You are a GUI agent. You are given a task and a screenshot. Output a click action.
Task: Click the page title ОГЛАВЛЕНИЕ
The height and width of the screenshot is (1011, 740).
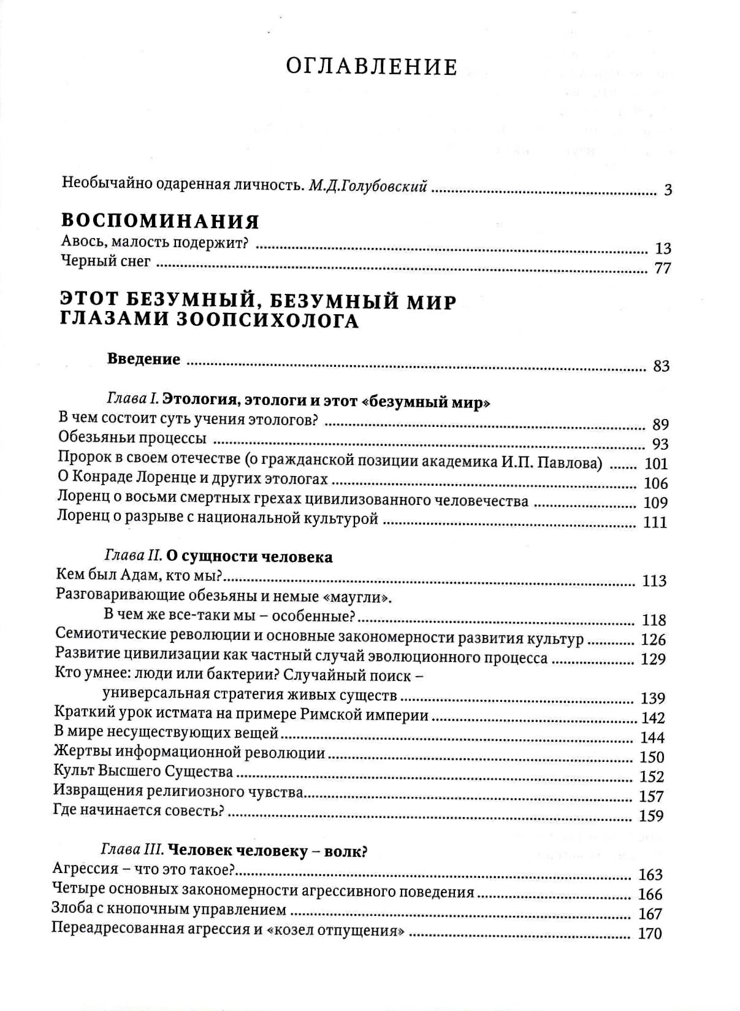(x=372, y=67)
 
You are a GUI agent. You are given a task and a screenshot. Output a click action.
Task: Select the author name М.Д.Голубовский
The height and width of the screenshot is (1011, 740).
(x=367, y=185)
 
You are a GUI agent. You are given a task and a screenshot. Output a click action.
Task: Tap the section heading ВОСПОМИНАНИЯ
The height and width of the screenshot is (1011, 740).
(x=161, y=221)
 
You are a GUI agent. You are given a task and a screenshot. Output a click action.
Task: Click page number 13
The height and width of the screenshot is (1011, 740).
(x=663, y=248)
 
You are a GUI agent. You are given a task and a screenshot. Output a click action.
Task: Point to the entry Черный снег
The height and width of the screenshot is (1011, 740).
(x=106, y=261)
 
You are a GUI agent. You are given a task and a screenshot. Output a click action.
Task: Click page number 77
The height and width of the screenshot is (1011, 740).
(x=663, y=268)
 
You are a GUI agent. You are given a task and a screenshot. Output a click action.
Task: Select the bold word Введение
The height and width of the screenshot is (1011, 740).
(x=143, y=359)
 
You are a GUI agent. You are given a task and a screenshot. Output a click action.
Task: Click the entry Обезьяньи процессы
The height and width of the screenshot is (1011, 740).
(x=132, y=439)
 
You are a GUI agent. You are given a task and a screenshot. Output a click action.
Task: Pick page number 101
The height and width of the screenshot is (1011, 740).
(x=656, y=464)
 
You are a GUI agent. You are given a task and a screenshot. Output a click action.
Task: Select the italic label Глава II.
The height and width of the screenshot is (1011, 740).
(x=133, y=556)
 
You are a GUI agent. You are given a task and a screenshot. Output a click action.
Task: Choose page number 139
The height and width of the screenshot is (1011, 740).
(x=653, y=698)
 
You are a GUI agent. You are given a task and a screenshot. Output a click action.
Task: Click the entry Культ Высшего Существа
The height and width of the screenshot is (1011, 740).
(x=143, y=771)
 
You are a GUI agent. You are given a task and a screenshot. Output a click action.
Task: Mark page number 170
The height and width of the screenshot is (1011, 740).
(x=650, y=934)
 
